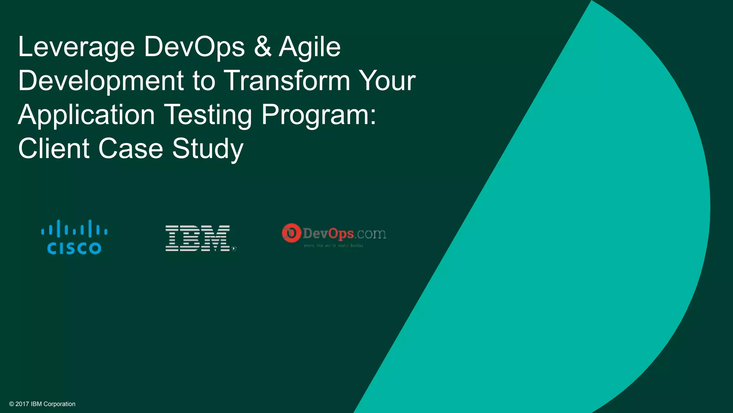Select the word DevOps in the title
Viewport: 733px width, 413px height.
pyautogui.click(x=194, y=47)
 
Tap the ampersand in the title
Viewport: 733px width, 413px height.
pyautogui.click(x=263, y=47)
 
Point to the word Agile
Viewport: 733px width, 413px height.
pyautogui.click(x=310, y=47)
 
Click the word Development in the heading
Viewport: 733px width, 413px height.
pyautogui.click(x=101, y=81)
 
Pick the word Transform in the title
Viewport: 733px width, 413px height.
pyautogui.click(x=287, y=80)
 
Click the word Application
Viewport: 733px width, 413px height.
pyautogui.click(x=86, y=115)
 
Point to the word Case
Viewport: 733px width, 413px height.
pyautogui.click(x=131, y=148)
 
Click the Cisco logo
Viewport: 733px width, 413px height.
pyautogui.click(x=74, y=237)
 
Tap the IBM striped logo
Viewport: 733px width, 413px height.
pyautogui.click(x=198, y=238)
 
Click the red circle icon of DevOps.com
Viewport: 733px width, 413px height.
pyautogui.click(x=291, y=233)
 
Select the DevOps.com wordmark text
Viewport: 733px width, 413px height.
pyautogui.click(x=344, y=234)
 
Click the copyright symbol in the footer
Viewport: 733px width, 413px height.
pyautogui.click(x=11, y=404)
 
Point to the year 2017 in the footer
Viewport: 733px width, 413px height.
pyautogui.click(x=22, y=404)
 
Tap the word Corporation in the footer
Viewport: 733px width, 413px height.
pyautogui.click(x=59, y=404)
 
